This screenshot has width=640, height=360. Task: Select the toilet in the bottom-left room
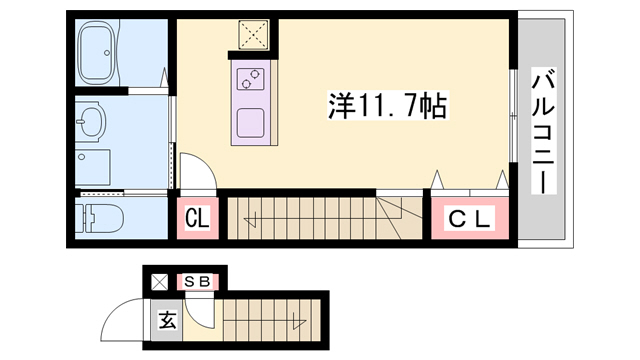point(100,217)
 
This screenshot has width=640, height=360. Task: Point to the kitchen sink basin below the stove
point(250,123)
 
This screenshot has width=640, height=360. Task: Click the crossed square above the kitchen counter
point(253,35)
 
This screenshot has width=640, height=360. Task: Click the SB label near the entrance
point(197,282)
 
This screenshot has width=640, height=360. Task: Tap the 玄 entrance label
point(166,322)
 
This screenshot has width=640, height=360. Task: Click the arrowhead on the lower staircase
point(297,322)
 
